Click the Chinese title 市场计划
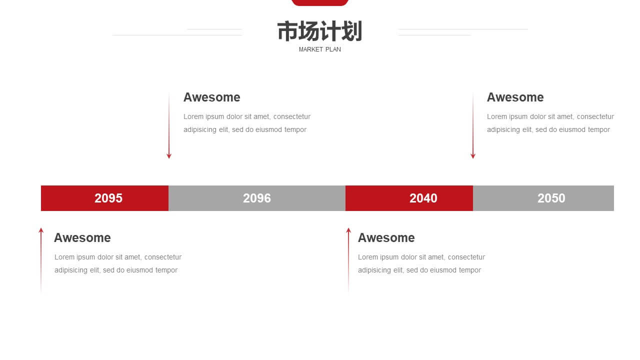pyautogui.click(x=319, y=31)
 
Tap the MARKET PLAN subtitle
pyautogui.click(x=319, y=49)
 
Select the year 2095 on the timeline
pyautogui.click(x=108, y=198)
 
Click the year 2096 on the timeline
pyautogui.click(x=257, y=198)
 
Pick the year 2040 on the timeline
pyautogui.click(x=423, y=198)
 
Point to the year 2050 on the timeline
pyautogui.click(x=551, y=198)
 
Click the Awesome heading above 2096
pyautogui.click(x=211, y=97)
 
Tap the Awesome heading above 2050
pyautogui.click(x=515, y=97)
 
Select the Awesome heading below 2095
pyautogui.click(x=82, y=237)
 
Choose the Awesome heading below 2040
pyautogui.click(x=386, y=237)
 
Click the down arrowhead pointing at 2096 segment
pyautogui.click(x=169, y=156)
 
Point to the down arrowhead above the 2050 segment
pyautogui.click(x=473, y=156)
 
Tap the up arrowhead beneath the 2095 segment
pyautogui.click(x=41, y=230)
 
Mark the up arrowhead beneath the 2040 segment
pyautogui.click(x=348, y=230)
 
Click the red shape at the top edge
pyautogui.click(x=319, y=2)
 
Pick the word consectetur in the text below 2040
pyautogui.click(x=466, y=257)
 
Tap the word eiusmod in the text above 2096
pyautogui.click(x=269, y=129)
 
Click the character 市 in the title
pyautogui.click(x=287, y=31)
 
